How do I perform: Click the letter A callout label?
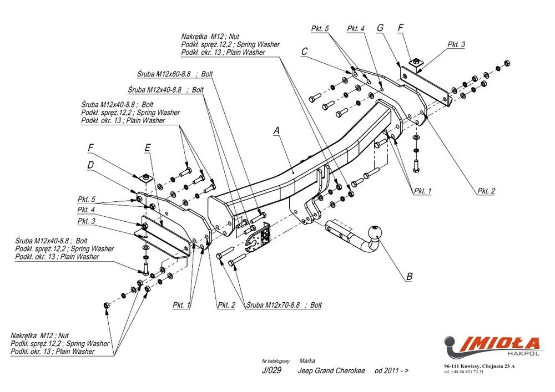[276, 131]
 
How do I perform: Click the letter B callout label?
[409, 276]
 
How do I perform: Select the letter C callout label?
[304, 52]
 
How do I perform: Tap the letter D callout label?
[90, 165]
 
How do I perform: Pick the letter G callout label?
[380, 28]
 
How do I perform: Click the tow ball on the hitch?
[377, 232]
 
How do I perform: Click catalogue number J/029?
[271, 371]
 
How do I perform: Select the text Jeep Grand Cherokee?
[332, 371]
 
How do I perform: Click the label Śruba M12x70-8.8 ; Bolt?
[284, 305]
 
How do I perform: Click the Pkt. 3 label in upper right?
[456, 44]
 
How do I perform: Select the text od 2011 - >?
[392, 371]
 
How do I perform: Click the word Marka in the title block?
[307, 360]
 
